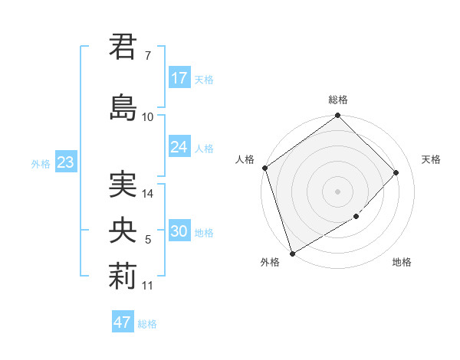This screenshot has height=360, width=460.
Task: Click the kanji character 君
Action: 123,47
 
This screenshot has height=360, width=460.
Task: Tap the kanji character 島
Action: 123,106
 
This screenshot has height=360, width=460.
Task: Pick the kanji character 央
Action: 123,231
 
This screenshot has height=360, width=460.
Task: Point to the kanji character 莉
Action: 123,277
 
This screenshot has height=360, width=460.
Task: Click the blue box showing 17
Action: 179,78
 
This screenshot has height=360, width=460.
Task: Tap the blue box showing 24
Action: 179,147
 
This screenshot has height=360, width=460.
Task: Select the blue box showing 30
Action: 179,232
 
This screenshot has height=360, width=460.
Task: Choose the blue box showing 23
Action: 65,163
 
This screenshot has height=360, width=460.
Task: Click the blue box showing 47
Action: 123,322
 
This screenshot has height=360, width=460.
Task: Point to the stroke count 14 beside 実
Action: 149,194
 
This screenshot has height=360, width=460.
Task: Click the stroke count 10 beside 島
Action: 148,117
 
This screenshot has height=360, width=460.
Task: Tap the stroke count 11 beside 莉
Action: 148,286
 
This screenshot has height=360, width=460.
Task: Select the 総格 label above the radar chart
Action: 338,100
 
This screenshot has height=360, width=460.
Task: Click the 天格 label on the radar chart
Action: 431,159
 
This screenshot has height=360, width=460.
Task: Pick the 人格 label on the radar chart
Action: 245,159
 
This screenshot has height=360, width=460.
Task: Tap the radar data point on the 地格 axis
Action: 356,217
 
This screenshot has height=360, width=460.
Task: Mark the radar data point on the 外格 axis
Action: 292,253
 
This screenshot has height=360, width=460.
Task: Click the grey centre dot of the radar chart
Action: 338,191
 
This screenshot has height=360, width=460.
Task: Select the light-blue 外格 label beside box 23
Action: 41,163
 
